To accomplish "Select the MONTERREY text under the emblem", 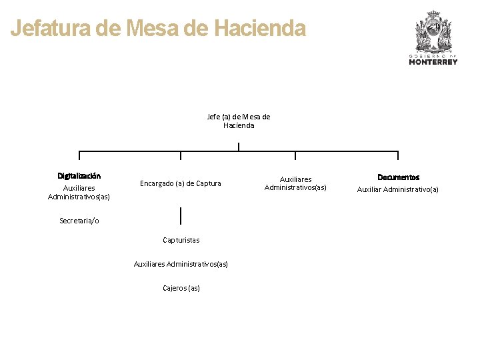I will tap(433, 62).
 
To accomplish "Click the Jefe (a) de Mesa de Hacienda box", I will tap(239, 121).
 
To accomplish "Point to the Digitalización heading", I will tap(79, 176).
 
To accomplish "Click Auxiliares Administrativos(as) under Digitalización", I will tap(79, 193).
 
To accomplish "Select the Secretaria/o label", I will tap(79, 221).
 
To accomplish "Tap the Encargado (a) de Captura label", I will tap(181, 183).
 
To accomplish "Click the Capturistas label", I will tap(181, 240).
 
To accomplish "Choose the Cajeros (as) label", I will tap(181, 288).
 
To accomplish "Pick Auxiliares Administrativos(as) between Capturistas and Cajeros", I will tap(181, 264).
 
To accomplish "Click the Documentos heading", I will tap(399, 177).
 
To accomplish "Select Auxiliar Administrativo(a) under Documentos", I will tap(398, 190).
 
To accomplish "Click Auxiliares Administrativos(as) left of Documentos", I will tap(295, 183).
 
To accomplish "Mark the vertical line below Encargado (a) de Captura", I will tap(181, 215).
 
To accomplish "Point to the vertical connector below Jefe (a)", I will tap(239, 146).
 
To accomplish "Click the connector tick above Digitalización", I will tap(79, 156).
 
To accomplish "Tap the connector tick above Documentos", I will tap(399, 156).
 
